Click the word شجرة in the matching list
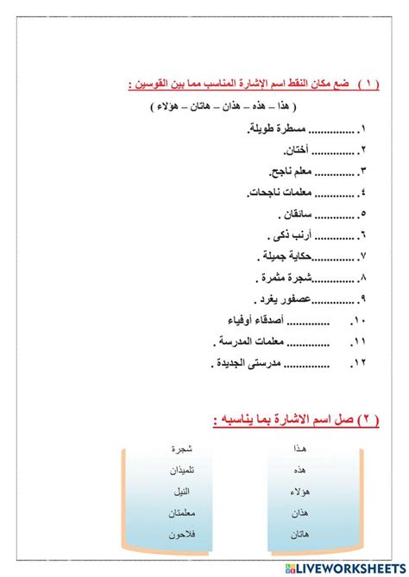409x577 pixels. (181, 449)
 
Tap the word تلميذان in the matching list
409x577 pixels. (179, 470)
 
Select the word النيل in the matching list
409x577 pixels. (182, 492)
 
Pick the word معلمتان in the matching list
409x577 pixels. (179, 513)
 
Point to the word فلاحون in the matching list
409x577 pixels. (179, 535)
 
